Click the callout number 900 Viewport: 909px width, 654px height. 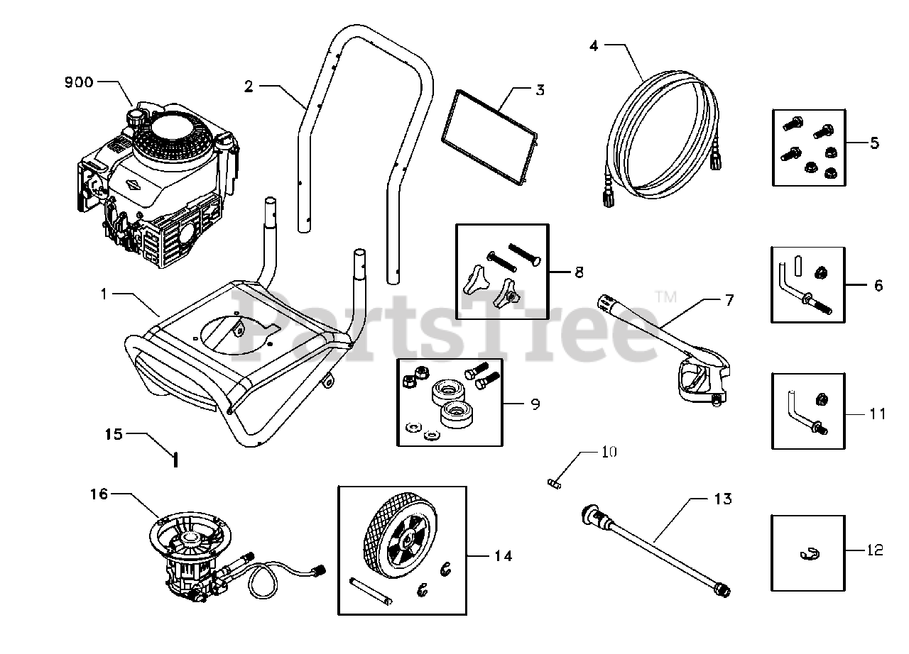[78, 82]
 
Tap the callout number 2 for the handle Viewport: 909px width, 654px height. [249, 87]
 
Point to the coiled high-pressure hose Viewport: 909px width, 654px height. [664, 135]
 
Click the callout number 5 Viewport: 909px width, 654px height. [874, 143]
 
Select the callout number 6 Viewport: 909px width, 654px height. [878, 285]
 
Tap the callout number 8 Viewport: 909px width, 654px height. [579, 271]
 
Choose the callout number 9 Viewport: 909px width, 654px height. [535, 404]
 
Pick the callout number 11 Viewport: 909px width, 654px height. [878, 413]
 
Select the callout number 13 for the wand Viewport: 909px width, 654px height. [722, 499]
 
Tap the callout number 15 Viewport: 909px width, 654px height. [114, 433]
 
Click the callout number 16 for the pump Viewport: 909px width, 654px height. [99, 494]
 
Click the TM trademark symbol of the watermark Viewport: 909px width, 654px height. [665, 298]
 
